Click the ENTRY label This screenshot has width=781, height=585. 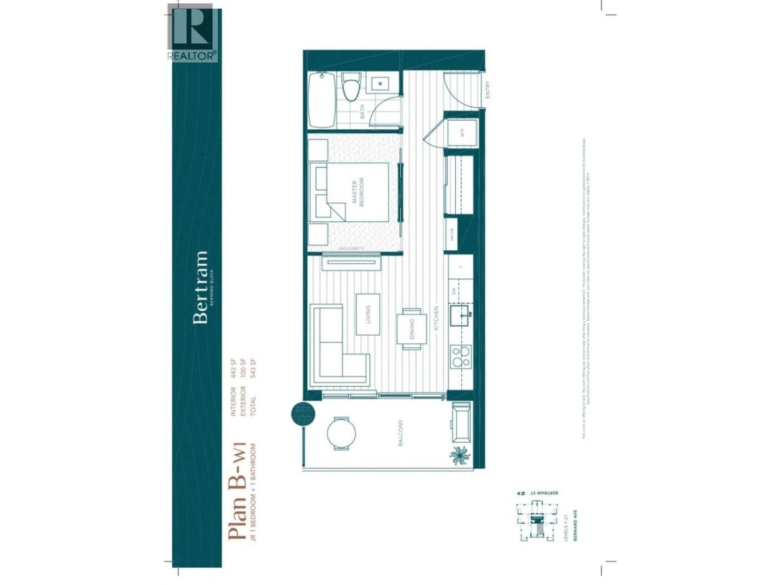(488, 90)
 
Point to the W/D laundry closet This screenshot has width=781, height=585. (462, 133)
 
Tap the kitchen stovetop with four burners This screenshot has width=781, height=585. (461, 357)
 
